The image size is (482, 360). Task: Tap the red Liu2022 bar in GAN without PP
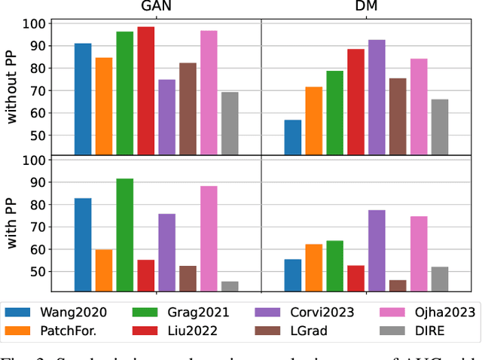146,91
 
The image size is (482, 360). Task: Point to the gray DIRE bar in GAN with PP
230,286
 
